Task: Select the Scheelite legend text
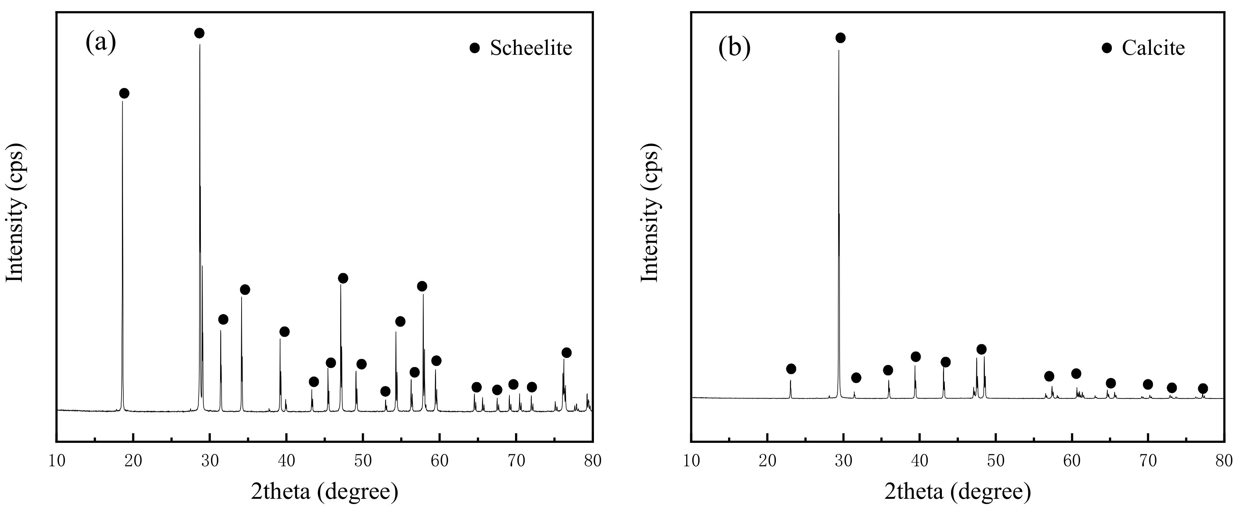[531, 48]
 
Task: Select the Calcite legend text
[1153, 48]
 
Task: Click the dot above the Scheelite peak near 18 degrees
[124, 93]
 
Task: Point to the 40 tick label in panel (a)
[286, 461]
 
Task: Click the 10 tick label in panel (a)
[57, 461]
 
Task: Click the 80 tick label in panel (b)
[1223, 461]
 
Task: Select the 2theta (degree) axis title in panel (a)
[324, 492]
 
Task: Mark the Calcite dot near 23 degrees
[791, 369]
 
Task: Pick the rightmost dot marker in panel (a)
[567, 353]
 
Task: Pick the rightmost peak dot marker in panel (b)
[1202, 388]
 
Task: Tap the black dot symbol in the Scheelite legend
[475, 48]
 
